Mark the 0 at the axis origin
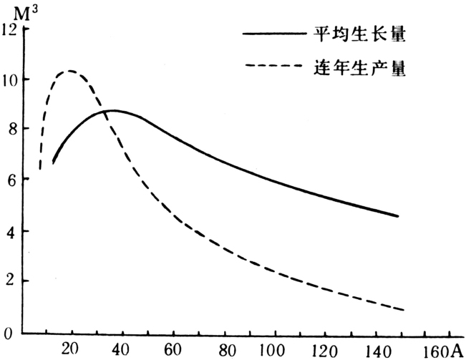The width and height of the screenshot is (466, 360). pos(8,333)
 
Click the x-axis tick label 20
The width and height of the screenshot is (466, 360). pos(69,349)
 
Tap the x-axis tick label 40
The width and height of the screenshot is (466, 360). pos(121,349)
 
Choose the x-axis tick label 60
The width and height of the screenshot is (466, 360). pos(172,349)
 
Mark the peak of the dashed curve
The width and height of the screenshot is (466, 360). pos(69,71)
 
